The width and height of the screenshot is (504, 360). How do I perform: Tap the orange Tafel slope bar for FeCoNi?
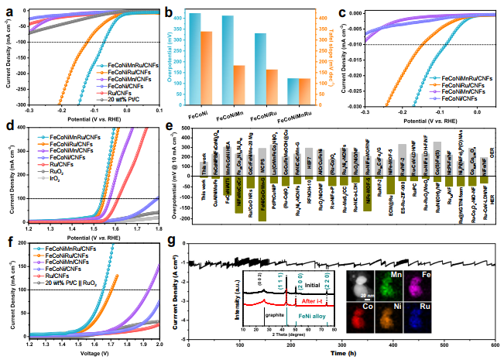click(206, 68)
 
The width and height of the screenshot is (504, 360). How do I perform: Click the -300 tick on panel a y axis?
click(16, 105)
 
